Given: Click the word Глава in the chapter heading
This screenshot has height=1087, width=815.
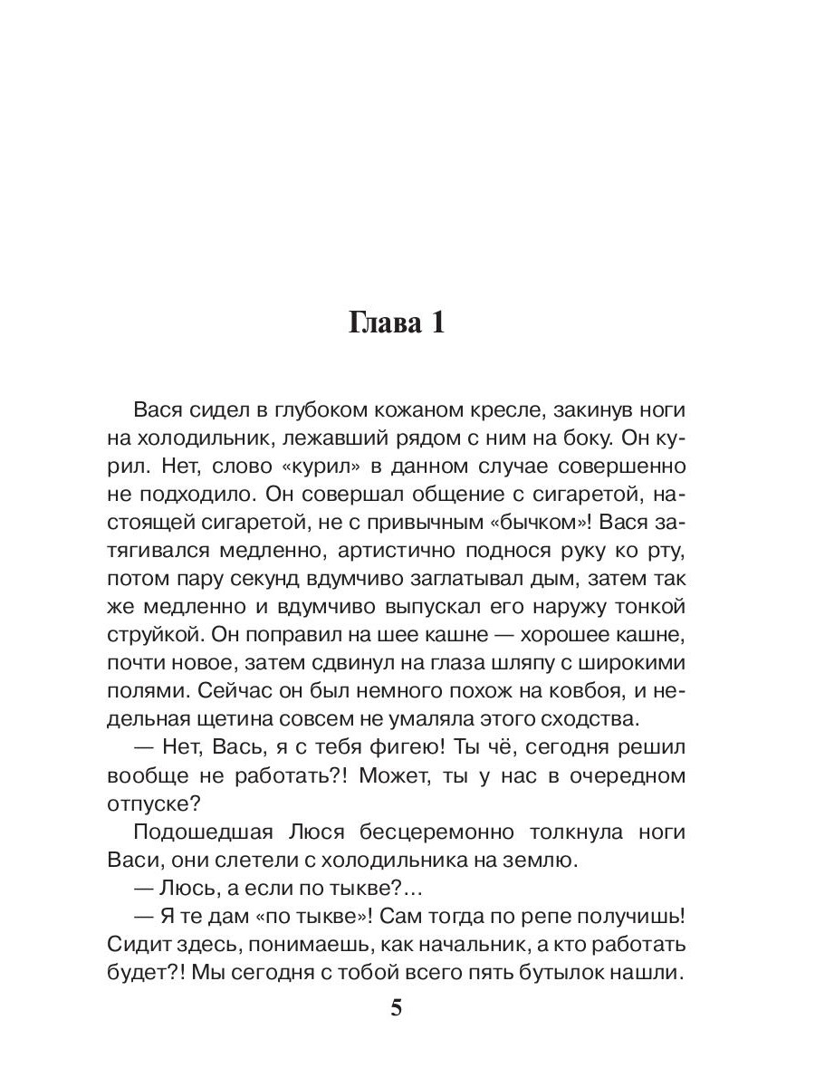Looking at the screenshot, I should tap(384, 324).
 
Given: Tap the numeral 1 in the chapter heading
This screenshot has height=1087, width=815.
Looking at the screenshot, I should tap(436, 324).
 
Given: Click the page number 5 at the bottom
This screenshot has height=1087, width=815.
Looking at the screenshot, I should tap(396, 1009).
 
